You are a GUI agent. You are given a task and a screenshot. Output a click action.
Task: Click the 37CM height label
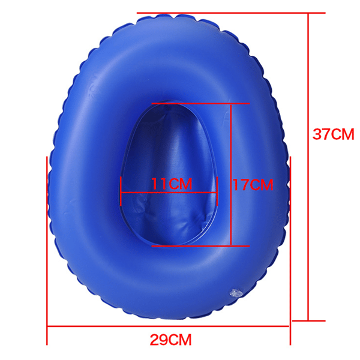pos(333,134)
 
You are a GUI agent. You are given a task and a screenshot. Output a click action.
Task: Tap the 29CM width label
pos(170,340)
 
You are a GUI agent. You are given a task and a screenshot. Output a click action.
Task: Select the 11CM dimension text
pos(172,184)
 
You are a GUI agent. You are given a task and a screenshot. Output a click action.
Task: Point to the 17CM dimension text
pos(253,184)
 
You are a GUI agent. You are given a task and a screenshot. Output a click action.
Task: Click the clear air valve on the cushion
pos(236,293)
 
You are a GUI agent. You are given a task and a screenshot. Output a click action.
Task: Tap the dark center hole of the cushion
pos(169,175)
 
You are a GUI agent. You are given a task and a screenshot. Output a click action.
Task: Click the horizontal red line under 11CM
pos(169,193)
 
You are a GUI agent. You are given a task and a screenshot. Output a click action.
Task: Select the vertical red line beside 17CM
pos(231,175)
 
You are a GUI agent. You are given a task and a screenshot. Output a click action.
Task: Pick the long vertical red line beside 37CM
pos(308,167)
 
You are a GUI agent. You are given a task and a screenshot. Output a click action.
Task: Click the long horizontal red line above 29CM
pos(168,326)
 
